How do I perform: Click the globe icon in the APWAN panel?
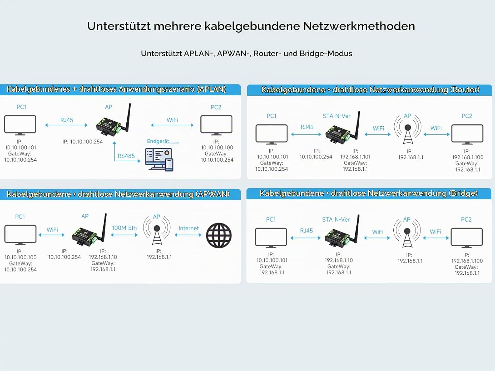(219, 235)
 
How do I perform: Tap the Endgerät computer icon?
(159, 160)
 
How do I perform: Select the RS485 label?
(126, 156)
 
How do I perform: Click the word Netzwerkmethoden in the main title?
(359, 26)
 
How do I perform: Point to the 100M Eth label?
(124, 228)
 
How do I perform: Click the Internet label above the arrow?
(188, 228)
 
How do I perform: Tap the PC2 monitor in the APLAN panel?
(216, 125)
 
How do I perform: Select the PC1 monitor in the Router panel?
(272, 134)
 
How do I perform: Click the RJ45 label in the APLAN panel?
(67, 120)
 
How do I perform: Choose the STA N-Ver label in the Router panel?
(337, 116)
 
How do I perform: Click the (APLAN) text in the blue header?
(211, 89)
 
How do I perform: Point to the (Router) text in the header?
(465, 90)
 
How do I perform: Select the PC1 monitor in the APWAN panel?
(20, 235)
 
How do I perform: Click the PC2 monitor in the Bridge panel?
(467, 238)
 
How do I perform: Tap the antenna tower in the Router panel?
(408, 131)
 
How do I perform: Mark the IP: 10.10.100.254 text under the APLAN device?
(82, 142)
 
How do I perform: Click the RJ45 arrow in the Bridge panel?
(306, 238)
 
